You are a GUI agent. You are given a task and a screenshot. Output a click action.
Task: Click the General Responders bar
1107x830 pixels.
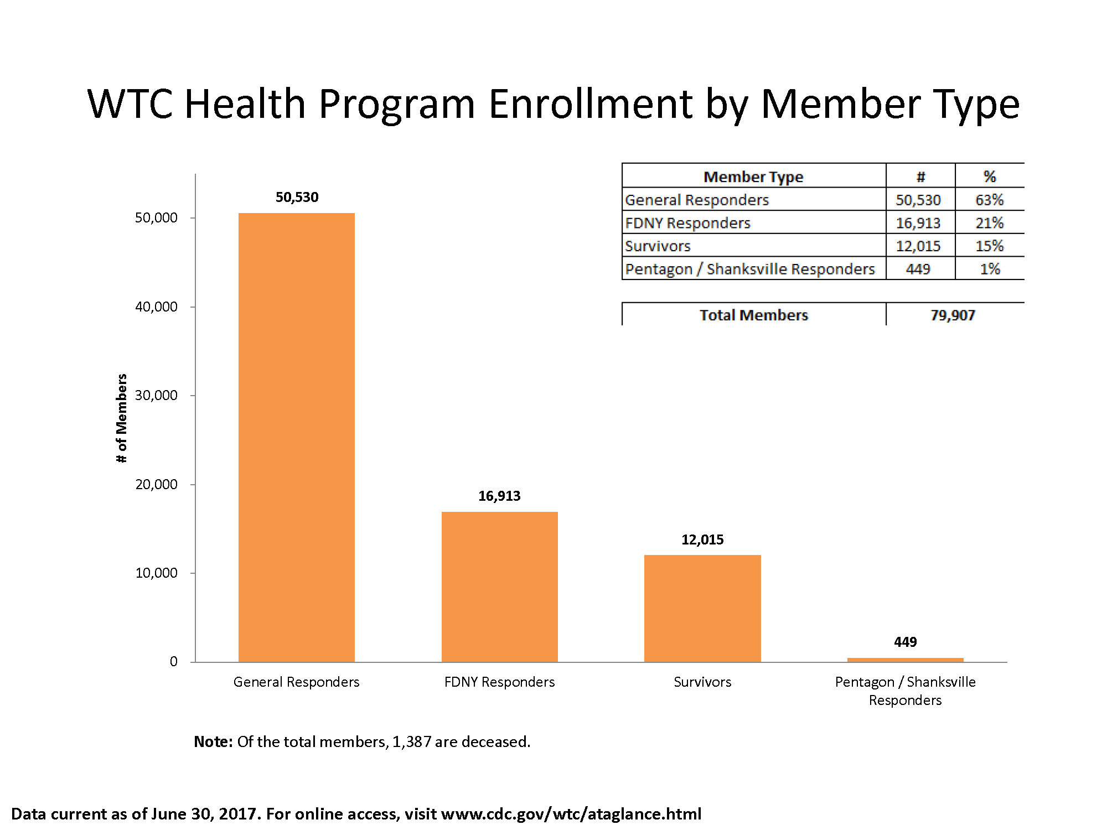pyautogui.click(x=296, y=437)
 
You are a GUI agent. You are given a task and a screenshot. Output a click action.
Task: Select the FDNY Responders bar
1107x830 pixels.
pyautogui.click(x=499, y=587)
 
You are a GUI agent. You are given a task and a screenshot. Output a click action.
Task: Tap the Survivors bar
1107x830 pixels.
pyautogui.click(x=702, y=608)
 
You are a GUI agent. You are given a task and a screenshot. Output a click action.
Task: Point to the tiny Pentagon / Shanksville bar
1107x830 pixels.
pyautogui.click(x=905, y=660)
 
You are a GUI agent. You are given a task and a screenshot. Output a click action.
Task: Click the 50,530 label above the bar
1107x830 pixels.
pyautogui.click(x=297, y=198)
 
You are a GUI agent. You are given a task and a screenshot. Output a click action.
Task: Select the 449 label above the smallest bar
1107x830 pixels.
pyautogui.click(x=905, y=642)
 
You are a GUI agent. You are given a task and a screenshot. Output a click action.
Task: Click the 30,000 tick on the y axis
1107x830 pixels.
pyautogui.click(x=157, y=395)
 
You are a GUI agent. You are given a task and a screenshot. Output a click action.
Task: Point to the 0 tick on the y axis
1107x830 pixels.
pyautogui.click(x=174, y=661)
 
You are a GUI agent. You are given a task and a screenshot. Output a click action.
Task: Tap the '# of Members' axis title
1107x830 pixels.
pyautogui.click(x=122, y=418)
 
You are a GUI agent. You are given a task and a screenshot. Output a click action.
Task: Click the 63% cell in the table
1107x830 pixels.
pyautogui.click(x=989, y=200)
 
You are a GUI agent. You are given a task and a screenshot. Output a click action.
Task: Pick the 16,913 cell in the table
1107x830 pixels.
pyautogui.click(x=918, y=223)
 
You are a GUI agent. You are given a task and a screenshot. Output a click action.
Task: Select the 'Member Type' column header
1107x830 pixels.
pyautogui.click(x=753, y=177)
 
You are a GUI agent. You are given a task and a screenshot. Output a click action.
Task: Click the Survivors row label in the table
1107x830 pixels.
pyautogui.click(x=658, y=246)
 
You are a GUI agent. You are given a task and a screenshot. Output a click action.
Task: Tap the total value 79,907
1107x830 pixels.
pyautogui.click(x=952, y=315)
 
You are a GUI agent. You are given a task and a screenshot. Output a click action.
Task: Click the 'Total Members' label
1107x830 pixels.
pyautogui.click(x=753, y=315)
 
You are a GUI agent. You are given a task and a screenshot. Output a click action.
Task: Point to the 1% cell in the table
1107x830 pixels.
pyautogui.click(x=989, y=269)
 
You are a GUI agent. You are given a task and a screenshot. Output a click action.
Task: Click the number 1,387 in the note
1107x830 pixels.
pyautogui.click(x=411, y=741)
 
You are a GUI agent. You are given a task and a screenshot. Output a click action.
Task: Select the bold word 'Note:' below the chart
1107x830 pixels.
pyautogui.click(x=213, y=741)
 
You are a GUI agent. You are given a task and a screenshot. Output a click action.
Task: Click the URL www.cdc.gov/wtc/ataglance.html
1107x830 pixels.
pyautogui.click(x=571, y=814)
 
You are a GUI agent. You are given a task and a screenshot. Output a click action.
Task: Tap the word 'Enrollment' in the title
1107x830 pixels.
pyautogui.click(x=590, y=104)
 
